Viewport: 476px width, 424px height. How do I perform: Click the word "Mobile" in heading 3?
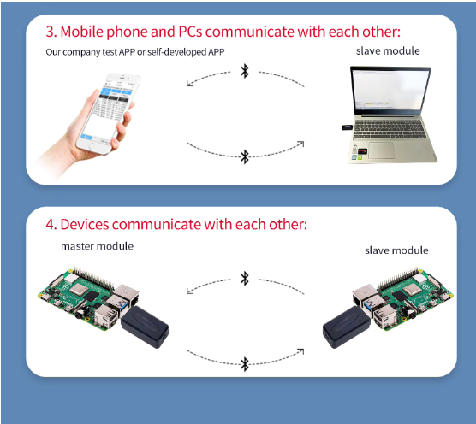coord(81,32)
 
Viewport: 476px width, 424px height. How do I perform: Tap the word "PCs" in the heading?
coord(190,32)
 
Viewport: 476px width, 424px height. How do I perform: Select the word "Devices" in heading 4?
coord(85,224)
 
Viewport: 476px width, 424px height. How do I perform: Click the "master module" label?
coord(97,246)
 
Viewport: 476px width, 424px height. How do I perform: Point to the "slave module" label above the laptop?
coord(388,51)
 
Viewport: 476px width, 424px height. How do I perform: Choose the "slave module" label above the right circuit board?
coord(396,250)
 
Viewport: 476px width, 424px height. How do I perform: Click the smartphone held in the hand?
coord(109,113)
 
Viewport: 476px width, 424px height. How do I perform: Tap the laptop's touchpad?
coord(381,150)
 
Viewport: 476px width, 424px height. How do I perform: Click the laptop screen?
coord(390,91)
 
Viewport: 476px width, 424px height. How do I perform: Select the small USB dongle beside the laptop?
coord(348,127)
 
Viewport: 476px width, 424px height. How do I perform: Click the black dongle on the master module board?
coord(145,327)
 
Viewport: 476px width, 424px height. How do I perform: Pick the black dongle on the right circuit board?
coord(347,327)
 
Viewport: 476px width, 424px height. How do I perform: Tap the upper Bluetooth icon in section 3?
coord(245,71)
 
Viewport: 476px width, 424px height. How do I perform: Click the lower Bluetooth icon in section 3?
coord(245,156)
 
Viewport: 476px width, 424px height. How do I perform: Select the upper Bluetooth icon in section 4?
coord(245,278)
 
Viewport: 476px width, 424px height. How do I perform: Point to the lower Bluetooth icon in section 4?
coord(245,364)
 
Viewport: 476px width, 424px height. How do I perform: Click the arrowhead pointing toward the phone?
coord(189,83)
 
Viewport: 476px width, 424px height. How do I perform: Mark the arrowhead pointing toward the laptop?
coord(300,144)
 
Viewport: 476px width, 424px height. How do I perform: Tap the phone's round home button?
coord(92,146)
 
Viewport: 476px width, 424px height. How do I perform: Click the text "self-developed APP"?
coord(186,52)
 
